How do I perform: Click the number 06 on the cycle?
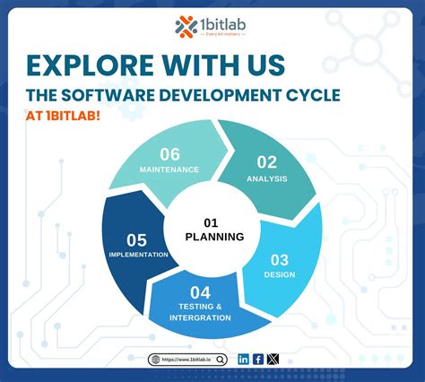click(170, 154)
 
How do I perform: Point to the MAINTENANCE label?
click(169, 169)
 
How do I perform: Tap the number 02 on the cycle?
click(267, 162)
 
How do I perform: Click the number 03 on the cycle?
click(280, 260)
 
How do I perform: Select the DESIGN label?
click(280, 274)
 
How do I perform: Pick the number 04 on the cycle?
click(200, 292)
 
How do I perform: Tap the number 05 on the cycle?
click(136, 239)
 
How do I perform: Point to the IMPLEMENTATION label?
click(135, 254)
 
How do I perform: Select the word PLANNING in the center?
click(214, 237)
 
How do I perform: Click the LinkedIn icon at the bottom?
click(244, 359)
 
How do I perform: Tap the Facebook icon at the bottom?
click(258, 359)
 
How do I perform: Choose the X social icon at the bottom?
click(273, 359)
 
